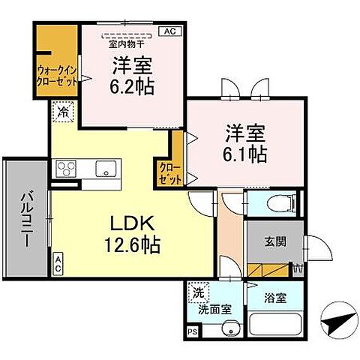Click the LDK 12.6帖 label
pyautogui.click(x=133, y=234)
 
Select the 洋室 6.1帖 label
pyautogui.click(x=244, y=145)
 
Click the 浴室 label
pyautogui.click(x=275, y=297)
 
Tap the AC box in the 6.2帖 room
pyautogui.click(x=169, y=31)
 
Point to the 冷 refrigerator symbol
pyautogui.click(x=63, y=110)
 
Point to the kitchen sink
pyautogui.click(x=104, y=166)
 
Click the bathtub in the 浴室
pyautogui.click(x=274, y=325)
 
